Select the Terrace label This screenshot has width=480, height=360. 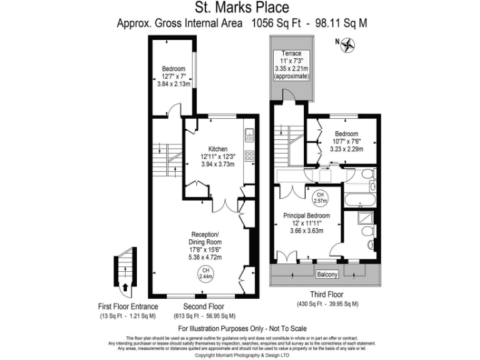pyautogui.click(x=291, y=54)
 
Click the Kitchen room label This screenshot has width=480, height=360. pyautogui.click(x=216, y=147)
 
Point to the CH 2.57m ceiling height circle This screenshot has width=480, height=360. pyautogui.click(x=320, y=198)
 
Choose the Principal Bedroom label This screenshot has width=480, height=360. pyautogui.click(x=306, y=215)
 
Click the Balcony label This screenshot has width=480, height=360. pyautogui.click(x=327, y=274)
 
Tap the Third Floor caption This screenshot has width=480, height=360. pyautogui.click(x=327, y=294)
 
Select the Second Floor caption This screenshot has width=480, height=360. pyautogui.click(x=204, y=307)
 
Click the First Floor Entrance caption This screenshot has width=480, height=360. pyautogui.click(x=128, y=307)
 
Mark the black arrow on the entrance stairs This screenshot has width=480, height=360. pyautogui.click(x=126, y=287)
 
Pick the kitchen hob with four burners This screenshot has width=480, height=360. pyautogui.click(x=249, y=156)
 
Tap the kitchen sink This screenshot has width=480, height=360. pyautogui.click(x=249, y=133)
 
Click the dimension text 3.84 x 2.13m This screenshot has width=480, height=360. pyautogui.click(x=173, y=84)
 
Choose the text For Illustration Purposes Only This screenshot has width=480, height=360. pyautogui.click(x=242, y=328)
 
